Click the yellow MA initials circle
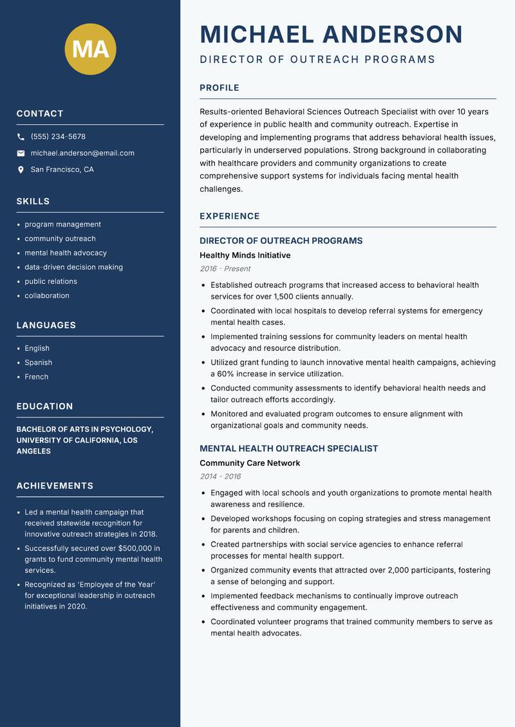pyautogui.click(x=91, y=49)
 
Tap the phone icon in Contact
pyautogui.click(x=21, y=137)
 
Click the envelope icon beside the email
pyautogui.click(x=21, y=153)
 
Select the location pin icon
pyautogui.click(x=21, y=170)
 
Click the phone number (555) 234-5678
pyautogui.click(x=58, y=137)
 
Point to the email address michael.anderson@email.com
pyautogui.click(x=82, y=153)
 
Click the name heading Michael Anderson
pyautogui.click(x=331, y=34)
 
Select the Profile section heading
pyautogui.click(x=220, y=88)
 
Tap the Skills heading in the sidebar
pyautogui.click(x=33, y=201)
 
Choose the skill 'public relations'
pyautogui.click(x=51, y=281)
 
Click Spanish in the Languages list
pyautogui.click(x=39, y=363)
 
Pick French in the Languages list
pyautogui.click(x=37, y=377)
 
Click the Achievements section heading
pyautogui.click(x=55, y=486)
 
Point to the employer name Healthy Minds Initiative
pyautogui.click(x=245, y=255)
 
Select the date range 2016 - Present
pyautogui.click(x=225, y=269)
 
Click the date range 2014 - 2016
pyautogui.click(x=220, y=477)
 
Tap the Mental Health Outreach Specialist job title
pyautogui.click(x=289, y=448)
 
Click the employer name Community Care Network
pyautogui.click(x=250, y=463)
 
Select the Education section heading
pyautogui.click(x=45, y=407)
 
